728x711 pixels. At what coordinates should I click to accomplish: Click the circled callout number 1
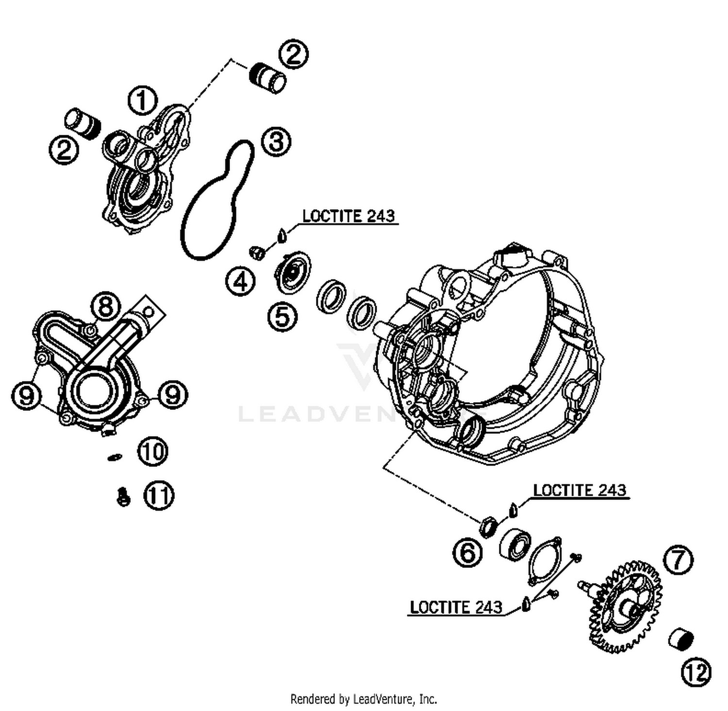click(x=142, y=100)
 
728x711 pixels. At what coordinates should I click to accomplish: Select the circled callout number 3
click(x=276, y=142)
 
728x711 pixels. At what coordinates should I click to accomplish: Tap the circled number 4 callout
click(x=240, y=281)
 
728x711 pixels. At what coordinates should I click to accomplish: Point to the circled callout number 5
click(x=282, y=317)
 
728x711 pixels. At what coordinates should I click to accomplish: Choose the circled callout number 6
click(x=467, y=552)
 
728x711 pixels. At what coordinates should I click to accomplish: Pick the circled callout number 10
click(x=153, y=452)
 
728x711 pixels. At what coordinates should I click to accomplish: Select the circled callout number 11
click(x=159, y=495)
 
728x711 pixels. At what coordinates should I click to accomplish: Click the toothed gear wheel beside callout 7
click(x=626, y=606)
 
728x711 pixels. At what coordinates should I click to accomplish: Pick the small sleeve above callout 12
click(x=680, y=639)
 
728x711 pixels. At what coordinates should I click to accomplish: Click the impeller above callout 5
click(x=293, y=272)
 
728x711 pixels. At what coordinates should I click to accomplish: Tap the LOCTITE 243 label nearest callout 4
click(x=348, y=216)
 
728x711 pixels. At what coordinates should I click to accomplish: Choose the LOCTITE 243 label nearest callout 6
click(x=579, y=490)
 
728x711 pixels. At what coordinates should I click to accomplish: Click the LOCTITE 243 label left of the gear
click(x=456, y=607)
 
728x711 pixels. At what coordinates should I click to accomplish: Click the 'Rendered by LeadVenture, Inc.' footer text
click(x=364, y=699)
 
